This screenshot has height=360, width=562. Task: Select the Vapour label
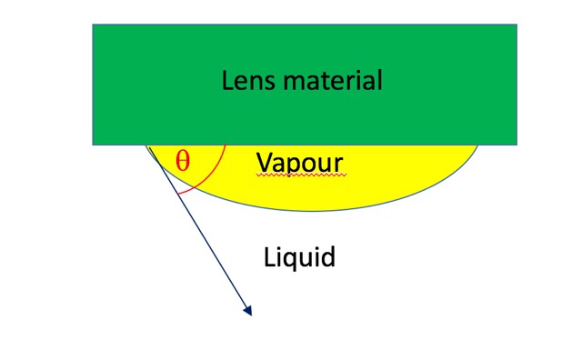click(x=299, y=162)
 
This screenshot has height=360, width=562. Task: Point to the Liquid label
click(x=299, y=256)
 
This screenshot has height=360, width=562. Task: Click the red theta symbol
click(x=183, y=162)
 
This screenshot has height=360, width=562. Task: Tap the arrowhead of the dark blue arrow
click(x=248, y=313)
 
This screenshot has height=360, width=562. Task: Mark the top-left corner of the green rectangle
click(x=93, y=25)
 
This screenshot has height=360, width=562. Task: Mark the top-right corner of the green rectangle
click(x=517, y=25)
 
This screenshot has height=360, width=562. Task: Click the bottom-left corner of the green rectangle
click(x=93, y=145)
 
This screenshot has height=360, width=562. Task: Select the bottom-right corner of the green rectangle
click(x=517, y=145)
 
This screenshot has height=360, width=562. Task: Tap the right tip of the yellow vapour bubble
click(x=478, y=145)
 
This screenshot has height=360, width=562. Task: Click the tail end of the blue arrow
click(x=148, y=145)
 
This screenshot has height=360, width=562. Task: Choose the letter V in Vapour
click(x=264, y=162)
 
